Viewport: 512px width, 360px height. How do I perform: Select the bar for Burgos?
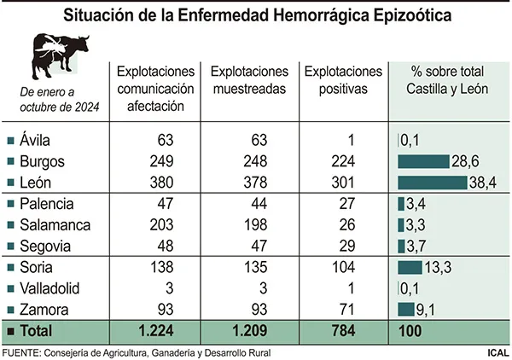tap(423, 161)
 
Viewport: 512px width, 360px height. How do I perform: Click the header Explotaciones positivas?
tap(343, 80)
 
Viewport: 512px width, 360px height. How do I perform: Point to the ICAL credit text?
tap(496, 351)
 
